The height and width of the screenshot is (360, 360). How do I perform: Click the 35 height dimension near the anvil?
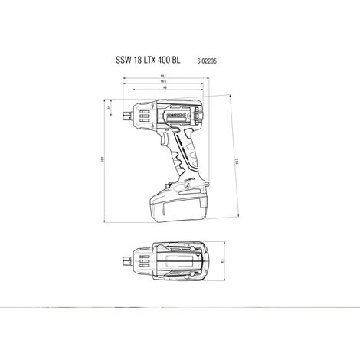(x=109, y=108)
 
